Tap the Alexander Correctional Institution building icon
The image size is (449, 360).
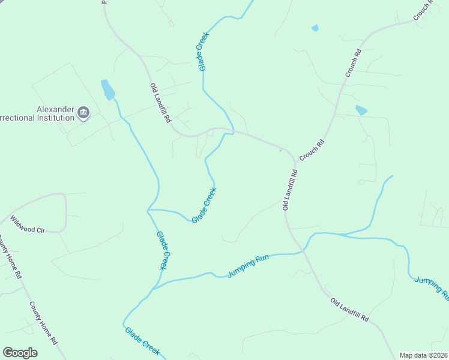click(83, 112)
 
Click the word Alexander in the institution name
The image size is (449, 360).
click(55, 109)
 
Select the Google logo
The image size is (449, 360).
click(20, 353)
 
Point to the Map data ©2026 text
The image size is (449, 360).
click(423, 355)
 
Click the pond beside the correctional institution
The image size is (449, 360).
click(108, 89)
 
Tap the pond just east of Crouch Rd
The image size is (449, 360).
click(361, 110)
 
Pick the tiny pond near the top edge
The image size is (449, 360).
click(315, 28)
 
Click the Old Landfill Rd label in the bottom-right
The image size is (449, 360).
click(349, 308)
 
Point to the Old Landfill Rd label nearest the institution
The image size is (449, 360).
click(160, 103)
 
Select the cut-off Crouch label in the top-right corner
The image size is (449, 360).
click(424, 10)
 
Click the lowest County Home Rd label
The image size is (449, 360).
click(43, 322)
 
